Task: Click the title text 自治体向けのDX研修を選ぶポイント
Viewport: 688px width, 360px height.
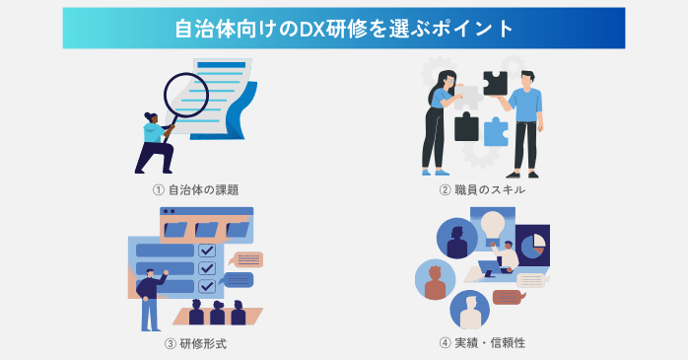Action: coord(344,28)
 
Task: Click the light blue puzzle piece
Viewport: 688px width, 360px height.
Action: coord(495,131)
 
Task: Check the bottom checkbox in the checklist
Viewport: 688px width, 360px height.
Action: coord(207,286)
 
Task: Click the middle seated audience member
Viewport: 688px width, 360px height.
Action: coord(217,313)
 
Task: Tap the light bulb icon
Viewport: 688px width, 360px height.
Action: coord(493,224)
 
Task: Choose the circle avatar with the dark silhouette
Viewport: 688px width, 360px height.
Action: coord(457,242)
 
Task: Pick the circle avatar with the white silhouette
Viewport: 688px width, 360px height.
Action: coord(470,309)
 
